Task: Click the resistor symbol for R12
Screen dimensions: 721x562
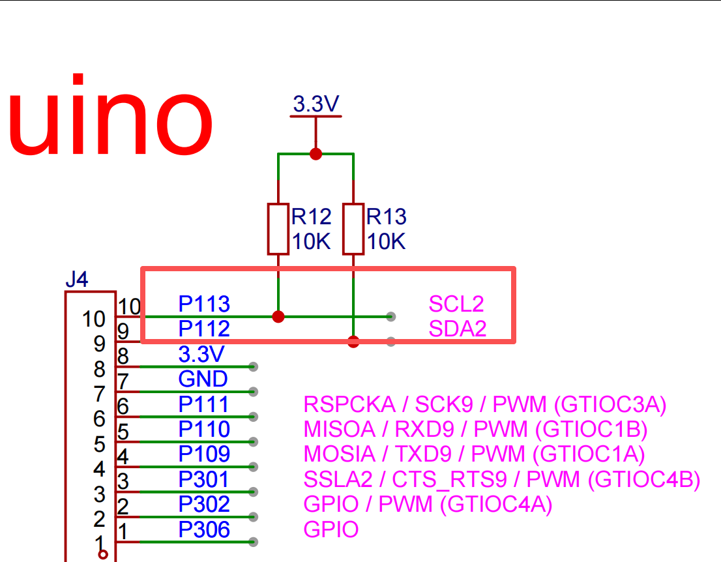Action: (278, 229)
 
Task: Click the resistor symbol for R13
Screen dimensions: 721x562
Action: (353, 229)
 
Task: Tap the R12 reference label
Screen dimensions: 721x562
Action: (312, 216)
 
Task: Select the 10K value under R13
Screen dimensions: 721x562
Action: (386, 241)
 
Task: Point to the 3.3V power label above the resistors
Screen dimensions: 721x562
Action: (316, 104)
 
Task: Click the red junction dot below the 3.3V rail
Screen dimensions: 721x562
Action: (316, 154)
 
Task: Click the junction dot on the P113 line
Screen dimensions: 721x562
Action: (278, 316)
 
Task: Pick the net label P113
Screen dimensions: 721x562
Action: (203, 304)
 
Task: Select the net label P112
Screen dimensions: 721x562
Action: (203, 329)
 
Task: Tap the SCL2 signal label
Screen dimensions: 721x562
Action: (456, 304)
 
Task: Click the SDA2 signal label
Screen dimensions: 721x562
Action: (458, 329)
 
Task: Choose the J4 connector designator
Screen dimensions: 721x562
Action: (77, 279)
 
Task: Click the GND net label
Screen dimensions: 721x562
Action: (203, 379)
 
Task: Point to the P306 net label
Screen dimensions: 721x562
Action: (203, 529)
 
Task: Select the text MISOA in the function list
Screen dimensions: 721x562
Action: (340, 429)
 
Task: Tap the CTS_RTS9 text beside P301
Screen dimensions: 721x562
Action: (449, 479)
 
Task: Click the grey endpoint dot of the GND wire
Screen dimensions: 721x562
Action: (253, 392)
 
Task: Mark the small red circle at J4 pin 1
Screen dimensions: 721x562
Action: (103, 555)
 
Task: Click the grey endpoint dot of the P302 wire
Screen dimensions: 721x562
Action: (253, 517)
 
